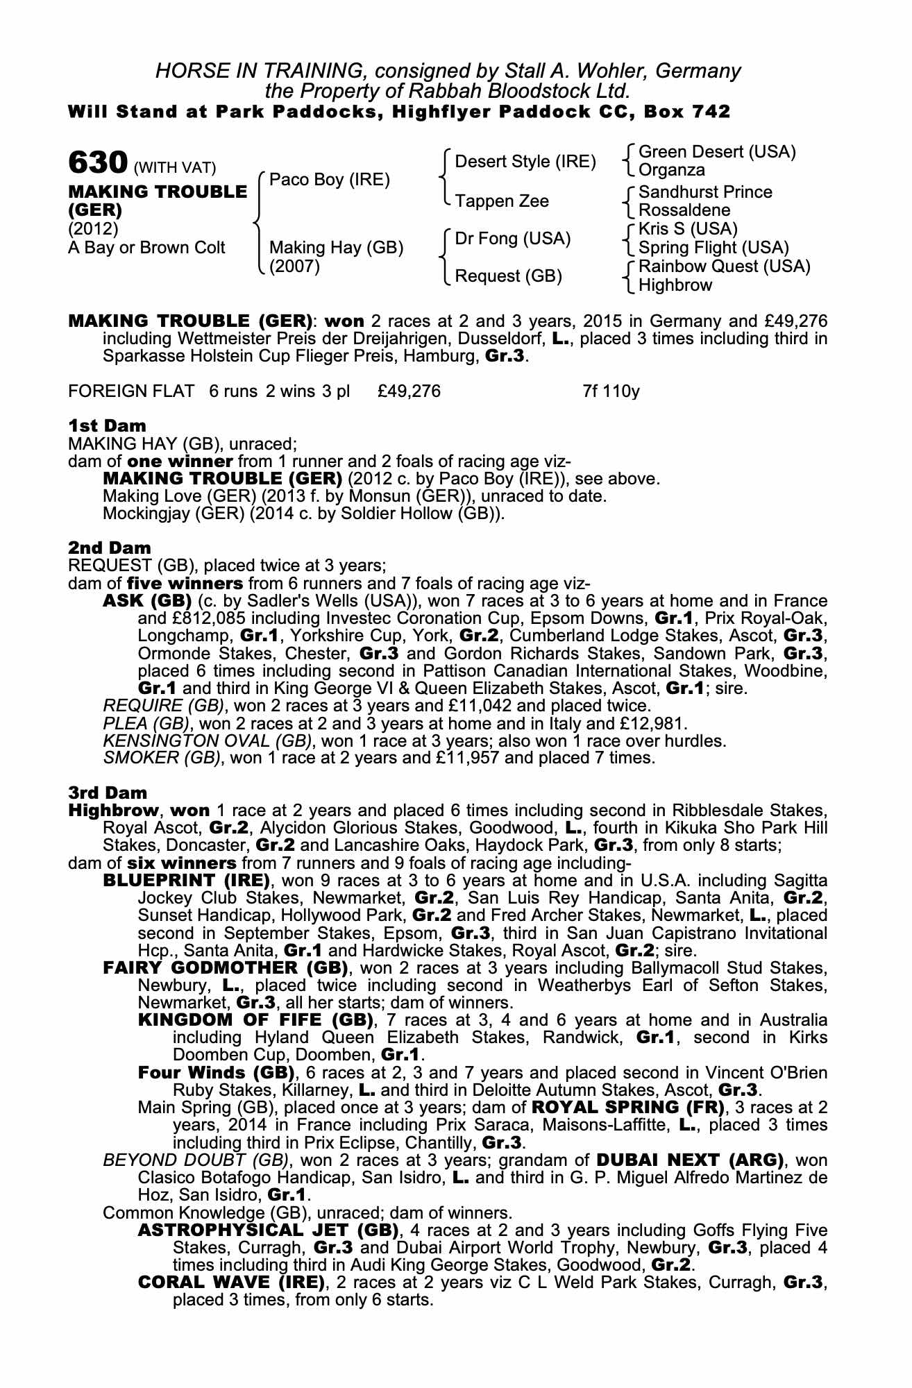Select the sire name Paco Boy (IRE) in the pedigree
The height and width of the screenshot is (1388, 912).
329,180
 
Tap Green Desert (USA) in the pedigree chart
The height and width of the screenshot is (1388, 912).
716,152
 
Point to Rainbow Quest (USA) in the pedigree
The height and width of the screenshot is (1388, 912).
724,266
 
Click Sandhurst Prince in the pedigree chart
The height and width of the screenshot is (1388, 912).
704,192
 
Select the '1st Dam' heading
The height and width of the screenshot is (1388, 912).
108,425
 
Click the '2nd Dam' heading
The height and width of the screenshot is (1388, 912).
110,548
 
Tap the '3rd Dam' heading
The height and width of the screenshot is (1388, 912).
108,792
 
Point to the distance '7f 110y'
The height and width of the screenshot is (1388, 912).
611,391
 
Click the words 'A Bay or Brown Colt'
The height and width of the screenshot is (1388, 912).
146,248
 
